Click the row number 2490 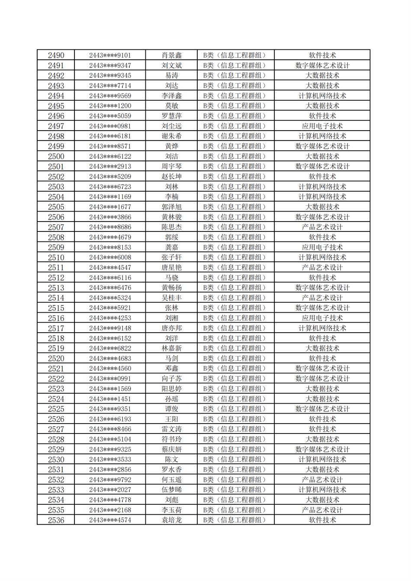(56, 55)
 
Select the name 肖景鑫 (172, 55)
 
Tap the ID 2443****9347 (110, 66)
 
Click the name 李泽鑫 (172, 96)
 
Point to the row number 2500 (56, 157)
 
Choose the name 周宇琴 (172, 167)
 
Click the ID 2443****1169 (110, 197)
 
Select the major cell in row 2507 (322, 227)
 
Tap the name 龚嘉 (172, 247)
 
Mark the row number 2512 (56, 278)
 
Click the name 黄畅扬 (172, 288)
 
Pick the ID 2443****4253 (110, 318)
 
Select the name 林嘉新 (172, 348)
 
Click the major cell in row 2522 (322, 379)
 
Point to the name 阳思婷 (172, 389)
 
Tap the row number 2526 (56, 419)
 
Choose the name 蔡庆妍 (172, 449)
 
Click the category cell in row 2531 (236, 469)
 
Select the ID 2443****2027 (110, 490)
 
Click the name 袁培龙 (172, 520)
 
